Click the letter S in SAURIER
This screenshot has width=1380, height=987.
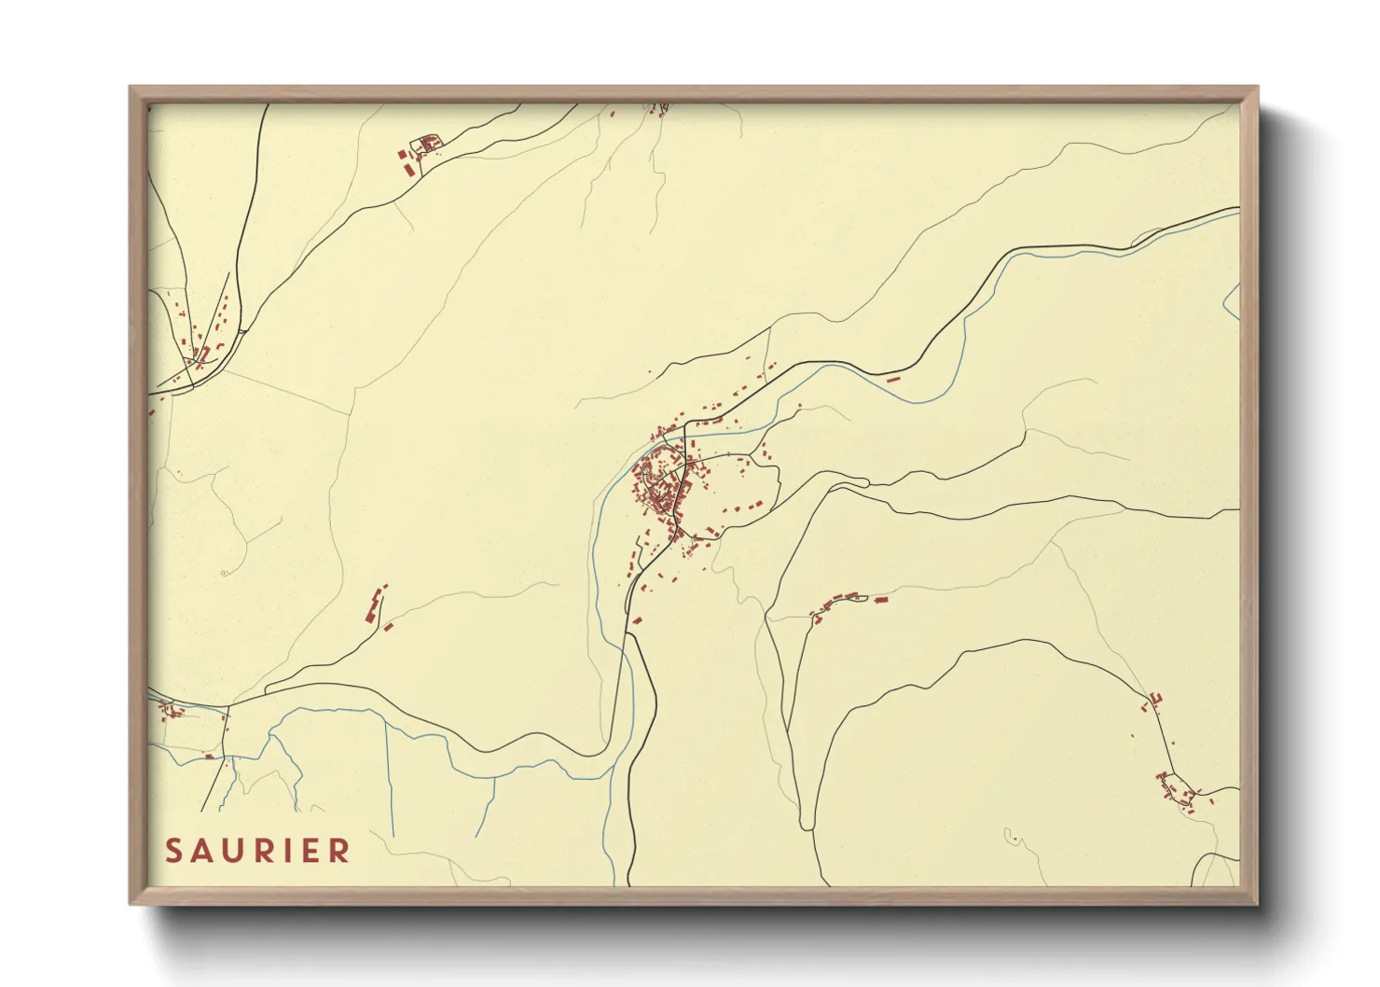point(172,851)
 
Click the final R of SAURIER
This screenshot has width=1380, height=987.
point(339,851)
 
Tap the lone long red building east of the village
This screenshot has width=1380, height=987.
point(892,380)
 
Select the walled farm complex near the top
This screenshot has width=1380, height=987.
point(428,145)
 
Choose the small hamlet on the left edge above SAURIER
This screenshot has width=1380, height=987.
point(172,713)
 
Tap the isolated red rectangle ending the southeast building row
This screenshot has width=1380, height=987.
point(880,599)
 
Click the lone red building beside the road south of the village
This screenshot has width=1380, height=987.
point(638,619)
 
